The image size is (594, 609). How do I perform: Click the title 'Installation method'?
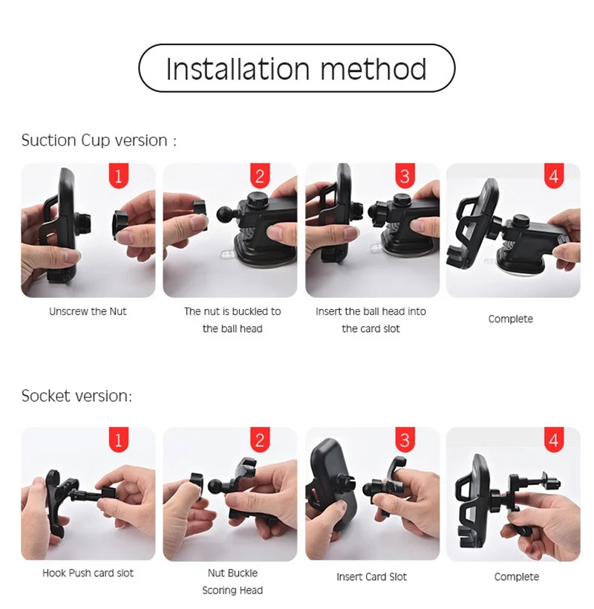coord(296,69)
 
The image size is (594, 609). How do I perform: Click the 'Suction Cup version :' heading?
coord(99,140)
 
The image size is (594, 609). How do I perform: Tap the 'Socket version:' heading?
coord(76,396)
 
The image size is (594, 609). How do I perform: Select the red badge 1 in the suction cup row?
coord(119,176)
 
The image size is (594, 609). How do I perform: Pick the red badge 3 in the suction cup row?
coord(405,176)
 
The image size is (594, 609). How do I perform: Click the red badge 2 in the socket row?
coord(260,440)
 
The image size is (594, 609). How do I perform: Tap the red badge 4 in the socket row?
coord(554,440)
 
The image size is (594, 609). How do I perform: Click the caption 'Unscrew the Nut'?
coord(88,311)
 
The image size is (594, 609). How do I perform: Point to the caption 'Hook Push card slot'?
coord(88,573)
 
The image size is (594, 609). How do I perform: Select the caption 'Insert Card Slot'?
coord(371,577)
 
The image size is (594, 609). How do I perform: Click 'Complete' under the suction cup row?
coord(511,319)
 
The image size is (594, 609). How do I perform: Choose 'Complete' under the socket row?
coord(516,577)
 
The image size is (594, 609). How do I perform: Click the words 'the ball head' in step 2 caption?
coord(232,329)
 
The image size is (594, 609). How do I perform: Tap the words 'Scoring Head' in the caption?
coord(232,590)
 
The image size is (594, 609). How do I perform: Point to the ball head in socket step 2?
coord(215,486)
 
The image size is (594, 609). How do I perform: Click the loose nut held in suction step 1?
coord(122,224)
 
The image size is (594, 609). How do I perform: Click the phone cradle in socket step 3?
coord(332,486)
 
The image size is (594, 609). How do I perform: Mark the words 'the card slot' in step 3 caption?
coord(371,329)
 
